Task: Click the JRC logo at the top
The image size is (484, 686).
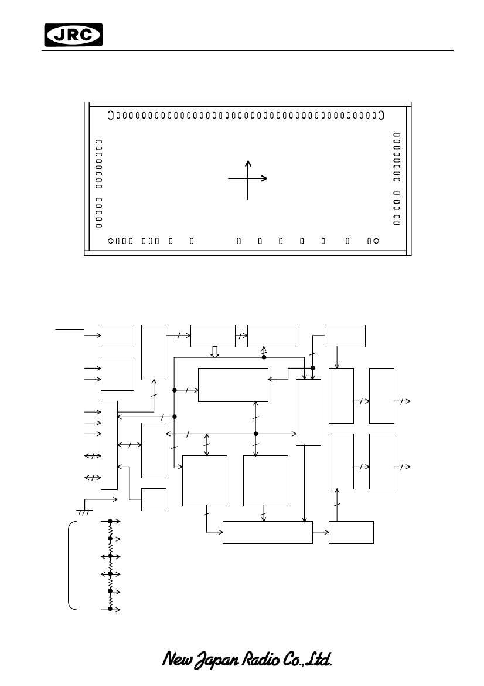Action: click(x=73, y=35)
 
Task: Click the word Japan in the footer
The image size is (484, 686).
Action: click(x=217, y=660)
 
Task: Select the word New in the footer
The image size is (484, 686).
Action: click(x=177, y=659)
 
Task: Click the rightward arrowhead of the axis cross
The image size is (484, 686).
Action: click(x=264, y=178)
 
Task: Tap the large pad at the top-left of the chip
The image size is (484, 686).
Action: click(x=111, y=115)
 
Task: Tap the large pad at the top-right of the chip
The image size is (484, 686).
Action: click(x=381, y=115)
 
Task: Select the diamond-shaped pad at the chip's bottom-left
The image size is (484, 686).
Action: click(x=111, y=241)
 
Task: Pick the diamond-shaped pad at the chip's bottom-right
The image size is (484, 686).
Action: click(x=377, y=241)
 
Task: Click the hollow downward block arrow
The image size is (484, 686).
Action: click(x=214, y=352)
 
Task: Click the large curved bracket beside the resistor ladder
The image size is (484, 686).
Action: click(x=69, y=565)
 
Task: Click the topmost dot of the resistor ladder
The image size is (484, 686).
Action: click(x=110, y=522)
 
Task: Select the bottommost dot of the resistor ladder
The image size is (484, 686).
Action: click(x=110, y=609)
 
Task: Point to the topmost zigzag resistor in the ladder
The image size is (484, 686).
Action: click(x=110, y=530)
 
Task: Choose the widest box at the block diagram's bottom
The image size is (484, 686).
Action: click(x=268, y=532)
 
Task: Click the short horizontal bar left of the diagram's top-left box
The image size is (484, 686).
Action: click(x=70, y=329)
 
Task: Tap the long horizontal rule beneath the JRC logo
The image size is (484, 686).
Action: click(x=247, y=50)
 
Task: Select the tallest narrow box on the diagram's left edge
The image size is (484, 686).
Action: click(x=109, y=445)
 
